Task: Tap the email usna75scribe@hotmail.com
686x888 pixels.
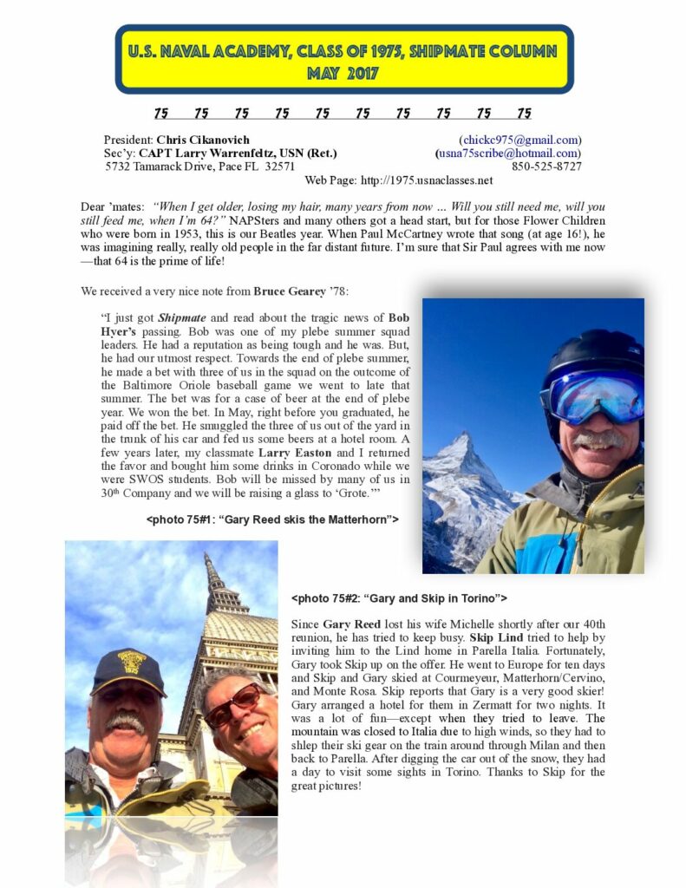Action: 509,153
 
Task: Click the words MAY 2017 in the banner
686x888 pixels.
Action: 343,74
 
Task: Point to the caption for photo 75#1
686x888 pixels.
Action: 272,519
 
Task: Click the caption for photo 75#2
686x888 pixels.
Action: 399,598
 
